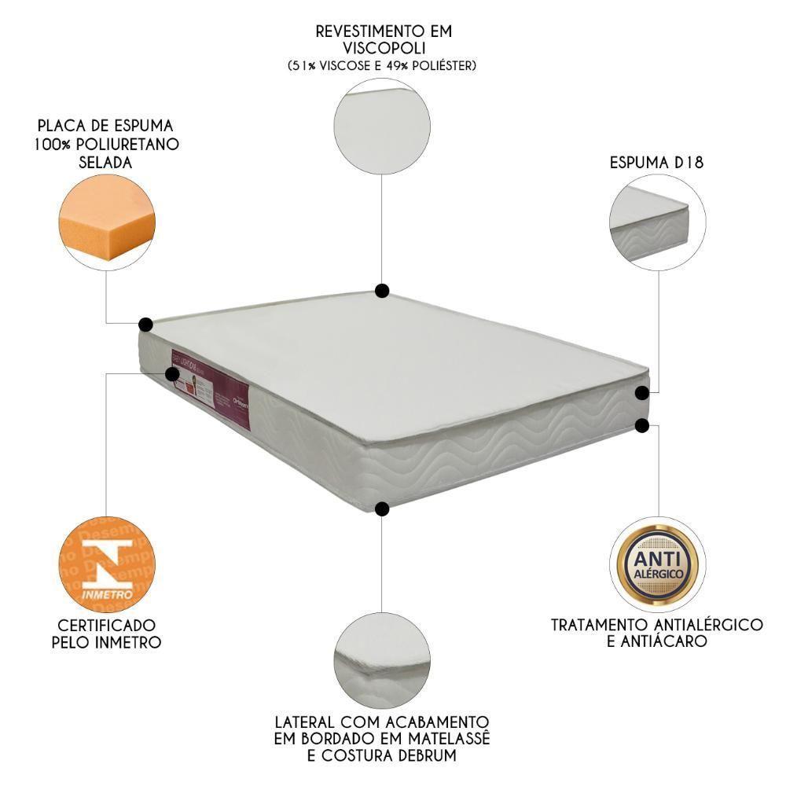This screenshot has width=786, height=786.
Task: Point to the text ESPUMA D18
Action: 656,164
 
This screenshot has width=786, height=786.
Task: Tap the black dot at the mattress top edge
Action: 382,291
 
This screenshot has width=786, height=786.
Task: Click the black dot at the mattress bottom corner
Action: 382,509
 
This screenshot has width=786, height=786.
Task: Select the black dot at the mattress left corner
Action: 145,324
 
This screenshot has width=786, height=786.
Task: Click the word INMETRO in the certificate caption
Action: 129,642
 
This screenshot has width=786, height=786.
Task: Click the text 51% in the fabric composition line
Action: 300,66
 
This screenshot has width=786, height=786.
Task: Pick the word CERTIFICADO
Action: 107,625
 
